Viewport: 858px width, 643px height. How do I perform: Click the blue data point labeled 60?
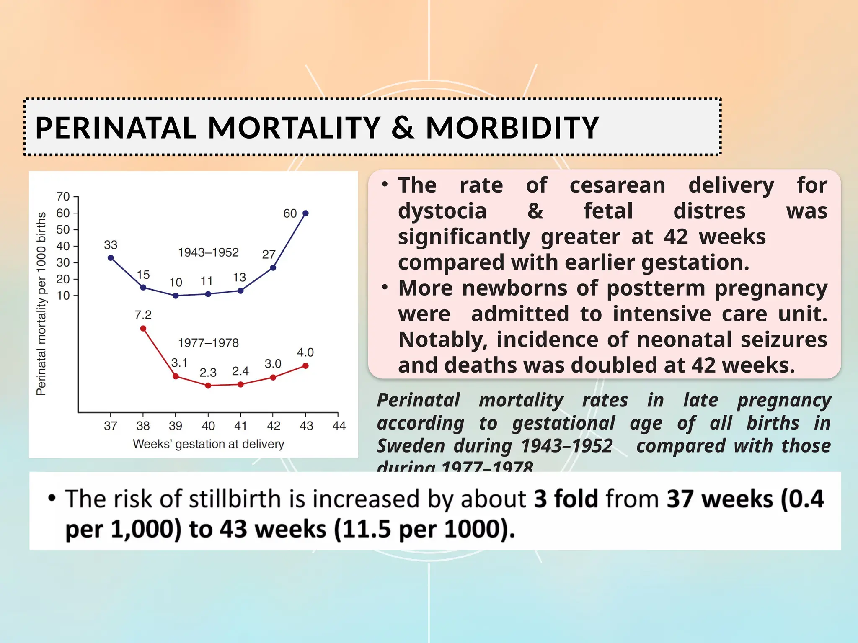click(x=305, y=213)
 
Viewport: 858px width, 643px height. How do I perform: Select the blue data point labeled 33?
click(x=111, y=258)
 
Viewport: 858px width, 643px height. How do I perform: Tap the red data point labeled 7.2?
click(x=143, y=329)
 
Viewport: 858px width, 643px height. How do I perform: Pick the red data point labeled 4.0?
click(x=305, y=366)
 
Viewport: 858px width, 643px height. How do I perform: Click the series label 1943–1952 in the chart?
click(x=208, y=252)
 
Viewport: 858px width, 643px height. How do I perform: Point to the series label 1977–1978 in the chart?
click(x=208, y=343)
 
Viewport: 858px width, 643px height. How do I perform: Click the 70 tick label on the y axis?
click(x=63, y=196)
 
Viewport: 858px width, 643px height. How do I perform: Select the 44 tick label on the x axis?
click(x=339, y=426)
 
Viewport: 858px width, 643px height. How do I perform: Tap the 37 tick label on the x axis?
click(x=111, y=426)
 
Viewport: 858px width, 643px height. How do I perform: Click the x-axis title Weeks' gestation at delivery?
click(x=208, y=444)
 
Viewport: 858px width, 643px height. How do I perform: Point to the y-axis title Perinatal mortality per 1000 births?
click(x=41, y=303)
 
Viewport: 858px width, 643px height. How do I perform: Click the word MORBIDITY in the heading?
click(x=512, y=128)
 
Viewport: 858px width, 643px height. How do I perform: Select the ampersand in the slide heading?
click(x=403, y=128)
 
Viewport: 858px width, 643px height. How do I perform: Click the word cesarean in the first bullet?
click(x=617, y=185)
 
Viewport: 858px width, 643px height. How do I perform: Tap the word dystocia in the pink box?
click(x=442, y=211)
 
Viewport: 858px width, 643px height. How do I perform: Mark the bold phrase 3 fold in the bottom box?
click(x=566, y=499)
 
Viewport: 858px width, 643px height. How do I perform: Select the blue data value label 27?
click(x=269, y=254)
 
